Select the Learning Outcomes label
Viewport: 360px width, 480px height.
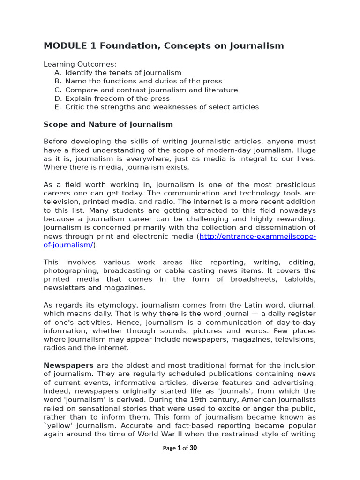click(80, 64)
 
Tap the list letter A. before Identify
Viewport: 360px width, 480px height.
click(58, 73)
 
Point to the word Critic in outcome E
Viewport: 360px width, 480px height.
click(75, 107)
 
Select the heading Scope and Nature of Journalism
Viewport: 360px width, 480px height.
click(108, 124)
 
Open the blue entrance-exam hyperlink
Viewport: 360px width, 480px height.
click(257, 236)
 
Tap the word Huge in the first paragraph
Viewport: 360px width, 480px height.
click(307, 150)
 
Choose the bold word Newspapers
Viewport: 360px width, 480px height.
click(68, 365)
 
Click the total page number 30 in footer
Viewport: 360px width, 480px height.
click(193, 448)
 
